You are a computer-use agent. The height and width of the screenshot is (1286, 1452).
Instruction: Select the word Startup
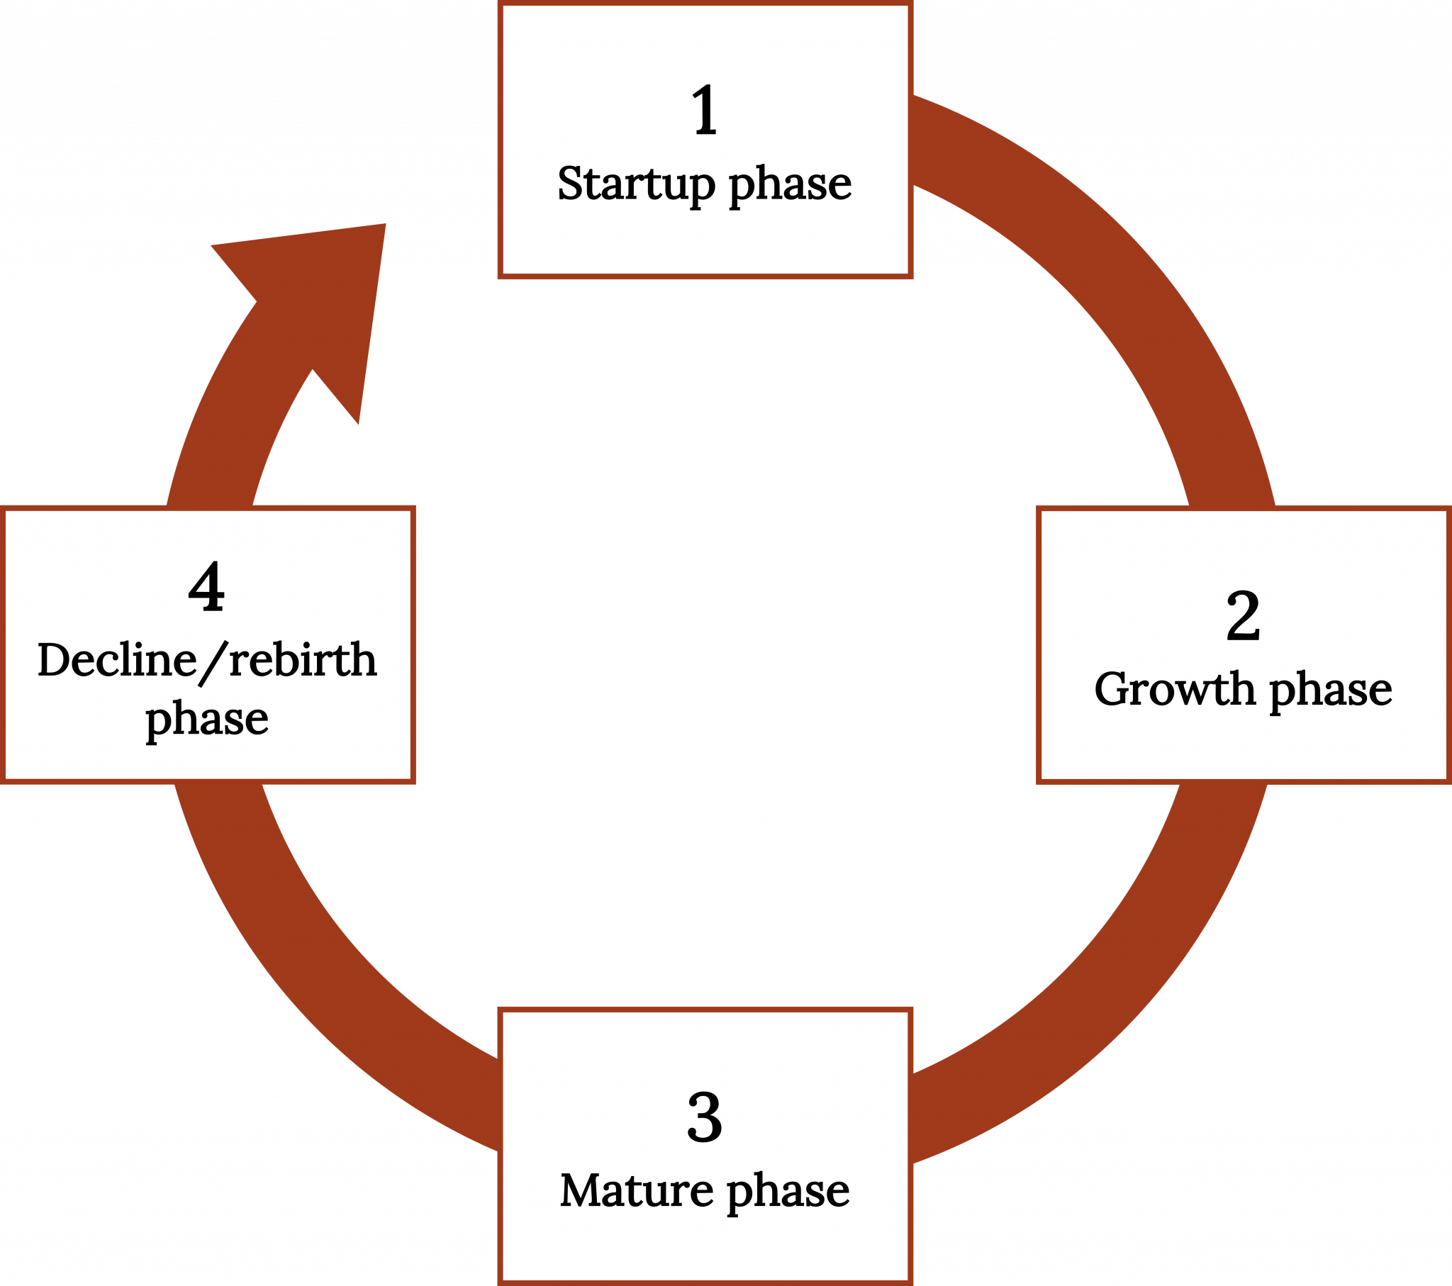[636, 184]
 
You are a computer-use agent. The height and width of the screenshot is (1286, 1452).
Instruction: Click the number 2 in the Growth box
[1243, 617]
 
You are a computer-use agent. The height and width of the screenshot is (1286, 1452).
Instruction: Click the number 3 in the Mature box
[705, 1117]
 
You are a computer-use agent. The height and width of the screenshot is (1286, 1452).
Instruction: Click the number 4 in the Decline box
[206, 588]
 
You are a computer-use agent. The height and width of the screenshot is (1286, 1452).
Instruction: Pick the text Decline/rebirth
[207, 660]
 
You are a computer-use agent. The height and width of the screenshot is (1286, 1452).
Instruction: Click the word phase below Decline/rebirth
[207, 720]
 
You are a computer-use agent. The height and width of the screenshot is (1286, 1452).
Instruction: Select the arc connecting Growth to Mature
[1108, 995]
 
